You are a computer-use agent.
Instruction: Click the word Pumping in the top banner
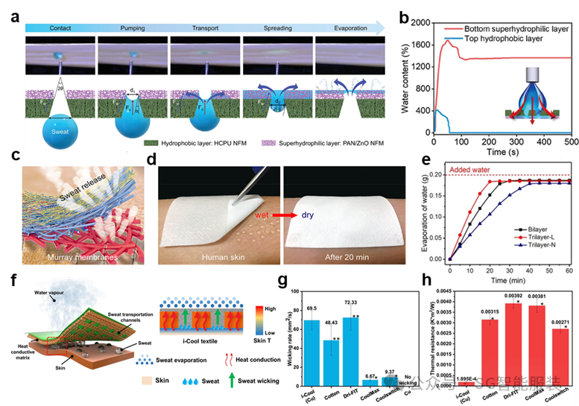[x=133, y=28]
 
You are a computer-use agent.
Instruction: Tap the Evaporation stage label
[x=351, y=28]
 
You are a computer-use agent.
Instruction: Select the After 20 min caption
[x=340, y=257]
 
